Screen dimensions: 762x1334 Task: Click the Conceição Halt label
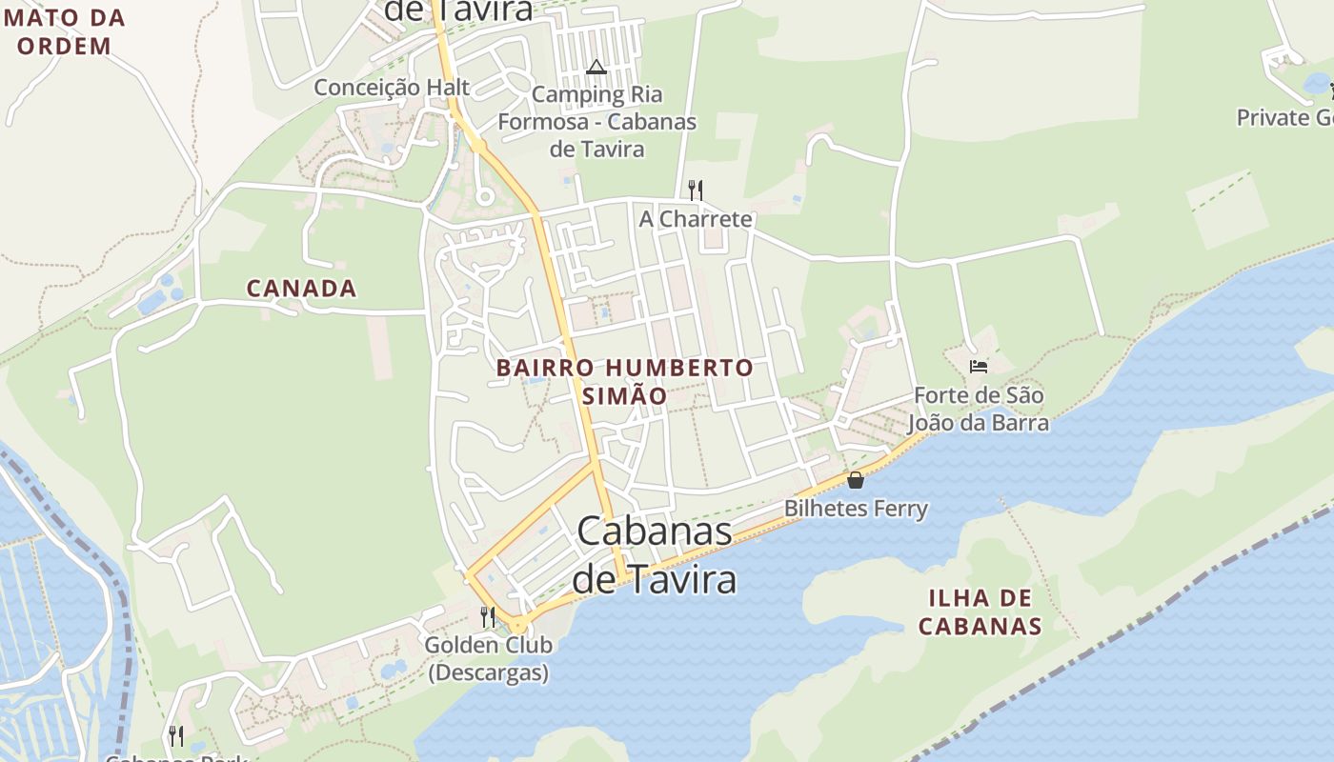392,88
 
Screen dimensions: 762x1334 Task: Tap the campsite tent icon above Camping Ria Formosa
596,67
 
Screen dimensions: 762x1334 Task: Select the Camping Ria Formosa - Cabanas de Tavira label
597,122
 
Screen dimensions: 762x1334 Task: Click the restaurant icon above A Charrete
696,190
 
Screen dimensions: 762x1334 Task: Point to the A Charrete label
696,219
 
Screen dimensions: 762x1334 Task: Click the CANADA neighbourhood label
301,288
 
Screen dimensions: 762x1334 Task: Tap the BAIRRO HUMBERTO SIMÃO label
624,381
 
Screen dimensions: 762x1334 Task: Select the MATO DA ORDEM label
64,31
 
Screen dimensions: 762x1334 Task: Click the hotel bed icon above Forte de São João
978,366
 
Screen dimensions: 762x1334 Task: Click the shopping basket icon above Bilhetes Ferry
856,480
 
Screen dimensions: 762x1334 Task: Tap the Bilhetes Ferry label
856,509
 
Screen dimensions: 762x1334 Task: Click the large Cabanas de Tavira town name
656,555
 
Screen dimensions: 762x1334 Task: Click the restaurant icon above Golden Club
488,616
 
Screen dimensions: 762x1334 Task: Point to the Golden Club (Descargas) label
488,658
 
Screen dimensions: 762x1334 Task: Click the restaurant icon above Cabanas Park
176,735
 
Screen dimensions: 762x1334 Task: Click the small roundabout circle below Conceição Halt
484,197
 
